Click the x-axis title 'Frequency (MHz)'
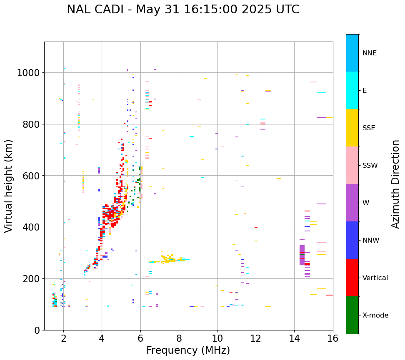pyautogui.click(x=188, y=350)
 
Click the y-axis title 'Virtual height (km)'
pyautogui.click(x=9, y=186)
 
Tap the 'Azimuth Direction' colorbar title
pyautogui.click(x=395, y=184)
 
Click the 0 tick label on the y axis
pyautogui.click(x=37, y=330)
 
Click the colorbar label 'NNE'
pyautogui.click(x=369, y=53)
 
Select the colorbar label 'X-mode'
pyautogui.click(x=375, y=315)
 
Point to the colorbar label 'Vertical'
pyautogui.click(x=375, y=278)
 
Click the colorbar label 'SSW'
pyautogui.click(x=370, y=166)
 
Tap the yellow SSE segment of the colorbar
pyautogui.click(x=352, y=128)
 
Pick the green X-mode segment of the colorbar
pyautogui.click(x=352, y=315)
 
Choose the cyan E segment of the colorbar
pyautogui.click(x=352, y=90)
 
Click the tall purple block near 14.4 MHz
pyautogui.click(x=302, y=255)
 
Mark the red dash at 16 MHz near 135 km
pyautogui.click(x=329, y=295)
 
